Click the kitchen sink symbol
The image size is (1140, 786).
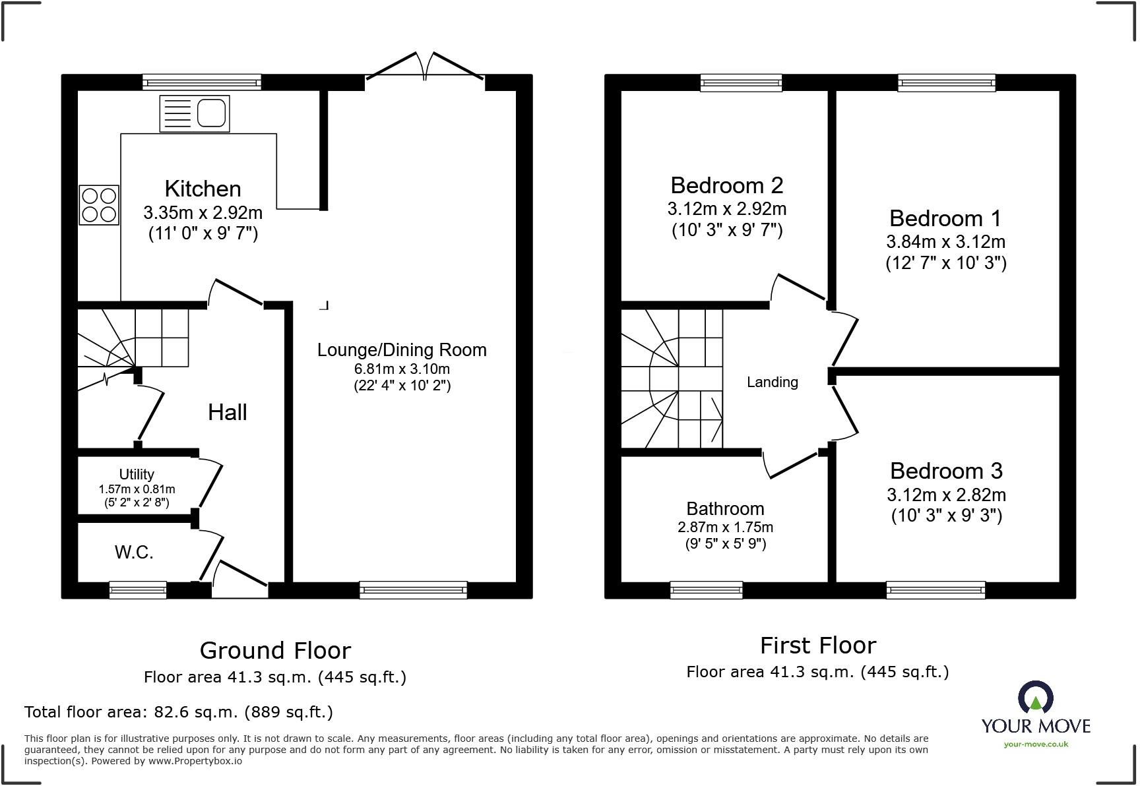pyautogui.click(x=195, y=113)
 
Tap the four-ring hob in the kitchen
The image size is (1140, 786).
pyautogui.click(x=99, y=205)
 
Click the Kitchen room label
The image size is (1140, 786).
pyautogui.click(x=203, y=189)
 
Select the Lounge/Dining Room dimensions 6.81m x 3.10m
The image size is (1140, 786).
pyautogui.click(x=402, y=369)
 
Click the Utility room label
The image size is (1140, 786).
pyautogui.click(x=137, y=474)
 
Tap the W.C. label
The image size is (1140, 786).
pyautogui.click(x=134, y=552)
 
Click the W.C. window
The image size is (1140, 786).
pyautogui.click(x=138, y=589)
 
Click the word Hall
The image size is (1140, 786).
pyautogui.click(x=228, y=412)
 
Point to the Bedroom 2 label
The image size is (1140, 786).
pyautogui.click(x=727, y=185)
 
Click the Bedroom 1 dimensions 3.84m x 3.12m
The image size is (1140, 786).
pyautogui.click(x=945, y=241)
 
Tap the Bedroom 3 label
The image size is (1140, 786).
pyautogui.click(x=946, y=471)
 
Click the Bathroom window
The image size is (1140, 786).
pyautogui.click(x=706, y=589)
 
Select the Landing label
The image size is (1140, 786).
pyautogui.click(x=772, y=382)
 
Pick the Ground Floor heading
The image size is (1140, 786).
pyautogui.click(x=275, y=650)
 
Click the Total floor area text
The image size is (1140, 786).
pyautogui.click(x=178, y=711)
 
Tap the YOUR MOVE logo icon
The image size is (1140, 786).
pyautogui.click(x=1036, y=698)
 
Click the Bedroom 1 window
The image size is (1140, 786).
pyautogui.click(x=946, y=82)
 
